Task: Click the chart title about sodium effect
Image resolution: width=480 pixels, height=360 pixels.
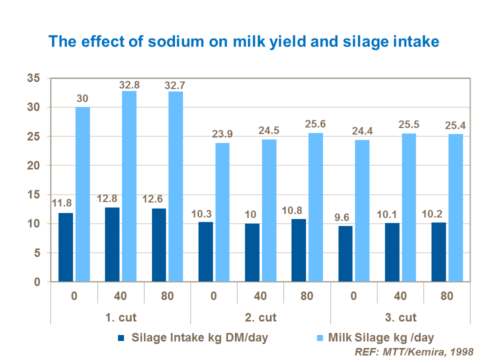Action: pyautogui.click(x=243, y=41)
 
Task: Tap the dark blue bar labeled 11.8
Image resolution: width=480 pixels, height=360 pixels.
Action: pyautogui.click(x=66, y=247)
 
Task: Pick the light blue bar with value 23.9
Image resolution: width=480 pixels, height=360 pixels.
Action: pyautogui.click(x=222, y=212)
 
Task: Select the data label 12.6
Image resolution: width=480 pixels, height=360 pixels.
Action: pyautogui.click(x=158, y=199)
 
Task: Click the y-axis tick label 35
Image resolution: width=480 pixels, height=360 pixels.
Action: pyautogui.click(x=33, y=78)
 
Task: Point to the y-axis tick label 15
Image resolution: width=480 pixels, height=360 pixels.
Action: pyautogui.click(x=33, y=194)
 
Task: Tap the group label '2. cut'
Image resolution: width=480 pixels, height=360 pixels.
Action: pyautogui.click(x=260, y=317)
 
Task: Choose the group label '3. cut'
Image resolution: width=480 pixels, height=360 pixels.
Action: pyautogui.click(x=400, y=317)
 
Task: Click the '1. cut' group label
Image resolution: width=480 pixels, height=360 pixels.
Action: pyautogui.click(x=120, y=317)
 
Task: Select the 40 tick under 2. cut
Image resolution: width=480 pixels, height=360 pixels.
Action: pyautogui.click(x=260, y=295)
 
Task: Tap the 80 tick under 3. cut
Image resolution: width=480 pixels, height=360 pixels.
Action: pyautogui.click(x=447, y=295)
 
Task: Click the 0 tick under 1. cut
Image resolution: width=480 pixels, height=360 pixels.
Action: pyautogui.click(x=74, y=295)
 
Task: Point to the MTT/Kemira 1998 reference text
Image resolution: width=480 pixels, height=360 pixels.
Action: pyautogui.click(x=413, y=351)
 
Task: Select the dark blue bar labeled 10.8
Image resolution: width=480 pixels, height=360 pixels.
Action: pyautogui.click(x=299, y=250)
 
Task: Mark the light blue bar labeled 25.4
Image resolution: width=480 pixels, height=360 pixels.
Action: pyautogui.click(x=455, y=207)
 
